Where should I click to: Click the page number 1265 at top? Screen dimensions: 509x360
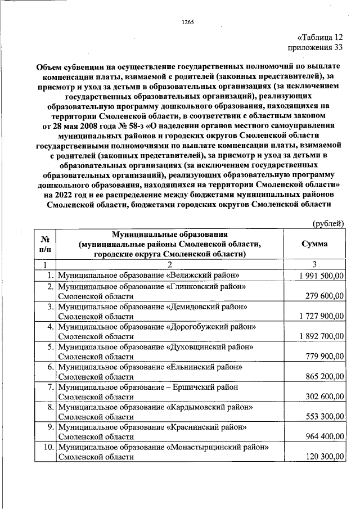(188, 22)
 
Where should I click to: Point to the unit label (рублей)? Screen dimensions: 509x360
(328, 223)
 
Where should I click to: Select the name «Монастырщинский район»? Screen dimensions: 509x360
(217, 448)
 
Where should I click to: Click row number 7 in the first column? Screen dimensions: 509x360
(50, 387)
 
